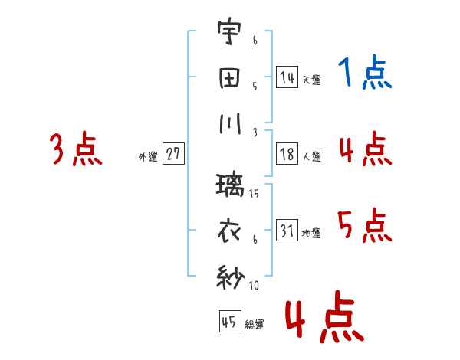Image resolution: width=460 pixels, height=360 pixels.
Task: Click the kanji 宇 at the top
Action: tap(229, 31)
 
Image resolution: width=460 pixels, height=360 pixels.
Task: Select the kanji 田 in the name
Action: tap(229, 79)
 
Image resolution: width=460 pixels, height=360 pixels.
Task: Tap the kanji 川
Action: tap(230, 123)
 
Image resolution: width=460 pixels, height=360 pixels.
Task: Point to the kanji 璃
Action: tap(230, 185)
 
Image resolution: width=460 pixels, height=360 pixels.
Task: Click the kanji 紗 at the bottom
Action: tap(231, 277)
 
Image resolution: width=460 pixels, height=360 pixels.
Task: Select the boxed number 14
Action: tap(287, 77)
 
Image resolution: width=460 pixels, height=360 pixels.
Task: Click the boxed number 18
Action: tap(287, 154)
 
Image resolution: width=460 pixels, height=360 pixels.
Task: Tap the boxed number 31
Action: tap(287, 230)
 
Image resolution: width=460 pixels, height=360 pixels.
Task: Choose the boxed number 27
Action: tap(173, 153)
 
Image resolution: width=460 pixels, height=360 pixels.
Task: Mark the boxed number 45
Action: tap(230, 321)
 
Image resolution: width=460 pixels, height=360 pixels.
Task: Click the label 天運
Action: tap(312, 80)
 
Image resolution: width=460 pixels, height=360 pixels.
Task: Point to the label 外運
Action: tap(148, 156)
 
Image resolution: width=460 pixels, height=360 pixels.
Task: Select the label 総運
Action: tap(255, 324)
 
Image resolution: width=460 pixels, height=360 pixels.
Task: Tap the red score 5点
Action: tap(365, 225)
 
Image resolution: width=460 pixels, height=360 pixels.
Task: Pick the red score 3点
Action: tap(76, 149)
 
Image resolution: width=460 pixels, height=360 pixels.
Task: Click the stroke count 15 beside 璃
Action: tap(254, 193)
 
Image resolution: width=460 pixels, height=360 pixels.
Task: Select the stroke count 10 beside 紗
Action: tap(254, 285)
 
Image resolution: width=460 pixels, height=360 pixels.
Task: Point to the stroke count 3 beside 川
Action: tap(255, 133)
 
